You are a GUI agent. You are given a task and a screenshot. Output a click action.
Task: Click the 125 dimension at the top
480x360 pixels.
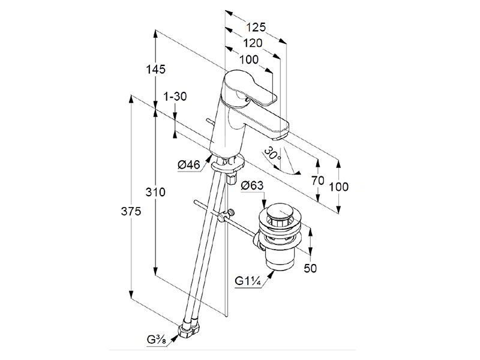pos(256,28)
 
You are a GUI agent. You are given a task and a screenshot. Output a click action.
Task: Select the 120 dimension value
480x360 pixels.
pos(253,43)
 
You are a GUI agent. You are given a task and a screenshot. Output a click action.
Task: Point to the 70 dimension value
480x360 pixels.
pos(319,180)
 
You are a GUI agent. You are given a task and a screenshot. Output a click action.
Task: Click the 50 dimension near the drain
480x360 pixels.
pos(310,268)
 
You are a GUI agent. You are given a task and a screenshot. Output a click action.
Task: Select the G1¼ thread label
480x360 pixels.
pos(248,281)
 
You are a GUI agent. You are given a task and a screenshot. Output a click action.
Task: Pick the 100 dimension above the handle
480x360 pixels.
pos(248,59)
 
